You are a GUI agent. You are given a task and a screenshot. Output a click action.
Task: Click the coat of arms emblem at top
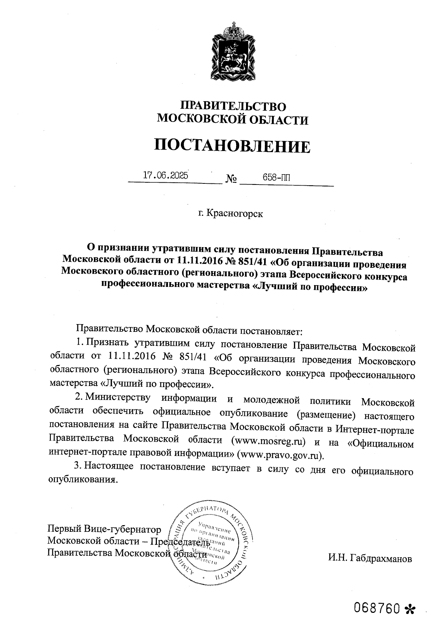(234, 52)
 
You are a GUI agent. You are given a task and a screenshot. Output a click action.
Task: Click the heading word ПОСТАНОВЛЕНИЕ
(232, 146)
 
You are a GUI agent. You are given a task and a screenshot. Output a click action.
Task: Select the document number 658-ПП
(276, 177)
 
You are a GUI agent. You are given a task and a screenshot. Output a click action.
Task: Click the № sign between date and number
(231, 179)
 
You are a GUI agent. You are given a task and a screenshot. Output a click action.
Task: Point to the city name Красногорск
(235, 213)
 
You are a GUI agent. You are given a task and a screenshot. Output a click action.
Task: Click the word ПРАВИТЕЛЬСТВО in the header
(233, 106)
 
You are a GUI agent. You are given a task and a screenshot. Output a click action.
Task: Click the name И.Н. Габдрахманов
(370, 558)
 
